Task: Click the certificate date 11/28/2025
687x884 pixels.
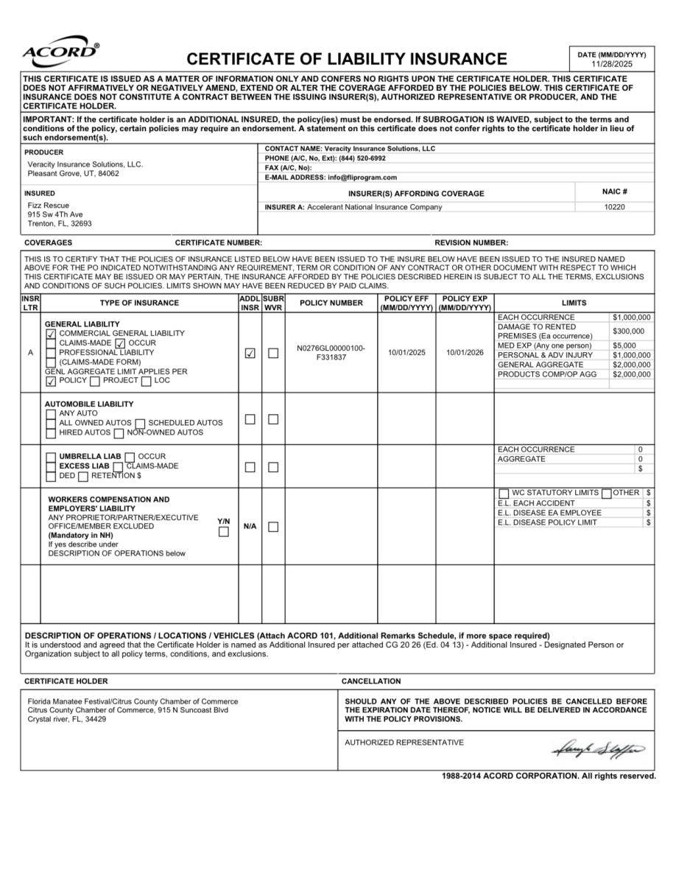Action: point(611,64)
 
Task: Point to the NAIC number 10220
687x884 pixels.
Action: point(614,207)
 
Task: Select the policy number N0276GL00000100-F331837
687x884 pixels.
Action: point(331,352)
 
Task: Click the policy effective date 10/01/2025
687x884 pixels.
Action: point(406,352)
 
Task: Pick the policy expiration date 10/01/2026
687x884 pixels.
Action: point(465,352)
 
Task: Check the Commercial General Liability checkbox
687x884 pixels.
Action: point(51,334)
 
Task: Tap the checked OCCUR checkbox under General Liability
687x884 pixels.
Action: point(120,343)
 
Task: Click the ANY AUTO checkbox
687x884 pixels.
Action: point(51,413)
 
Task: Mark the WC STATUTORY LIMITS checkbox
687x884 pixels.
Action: point(504,493)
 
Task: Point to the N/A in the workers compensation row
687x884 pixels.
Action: point(250,527)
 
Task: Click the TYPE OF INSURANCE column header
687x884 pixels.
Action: point(139,303)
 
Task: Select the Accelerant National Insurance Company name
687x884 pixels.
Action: point(374,207)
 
